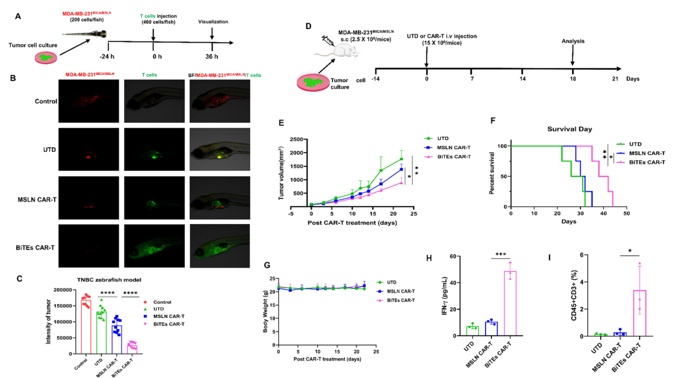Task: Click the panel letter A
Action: click(19, 16)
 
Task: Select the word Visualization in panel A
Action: click(213, 22)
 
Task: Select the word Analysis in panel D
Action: click(574, 40)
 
